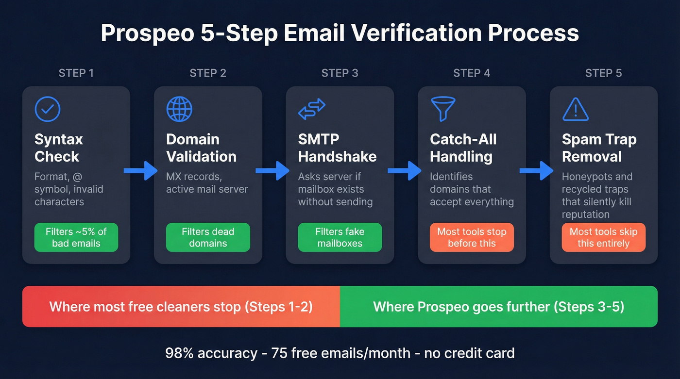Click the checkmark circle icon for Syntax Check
coord(48,109)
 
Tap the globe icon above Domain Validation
coord(179,109)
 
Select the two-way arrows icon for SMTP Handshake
coord(311,109)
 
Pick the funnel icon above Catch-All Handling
coord(443,109)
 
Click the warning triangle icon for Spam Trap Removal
coord(575,110)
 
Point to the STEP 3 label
coord(340,73)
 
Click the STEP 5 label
coord(603,73)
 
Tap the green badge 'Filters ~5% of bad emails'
coord(76,237)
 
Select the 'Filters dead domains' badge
coord(208,237)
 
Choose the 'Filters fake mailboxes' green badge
coord(340,237)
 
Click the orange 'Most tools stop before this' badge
coord(472,237)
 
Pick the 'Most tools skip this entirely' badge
coord(603,237)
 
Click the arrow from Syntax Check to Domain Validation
coord(141,170)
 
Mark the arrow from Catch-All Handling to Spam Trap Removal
coord(537,170)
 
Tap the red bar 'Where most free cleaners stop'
coord(181,307)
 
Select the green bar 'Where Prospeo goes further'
coord(498,307)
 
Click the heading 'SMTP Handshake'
coord(337,148)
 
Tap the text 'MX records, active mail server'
coord(207,183)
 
